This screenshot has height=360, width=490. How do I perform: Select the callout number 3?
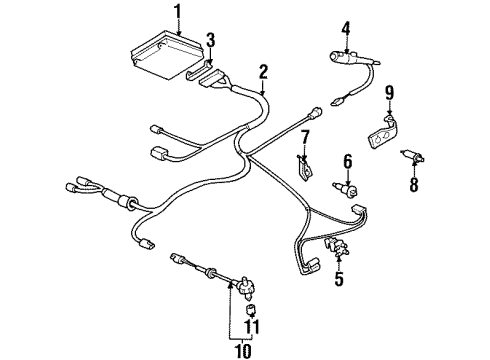point(209,40)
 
